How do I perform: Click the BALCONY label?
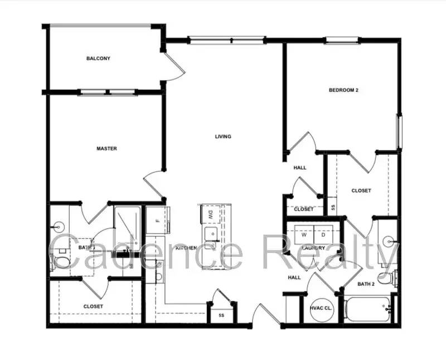point(98,59)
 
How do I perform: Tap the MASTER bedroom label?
point(106,148)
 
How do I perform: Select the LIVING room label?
point(223,137)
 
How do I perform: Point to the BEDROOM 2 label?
point(343,90)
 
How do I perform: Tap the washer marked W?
point(304,234)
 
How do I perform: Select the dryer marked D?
point(323,234)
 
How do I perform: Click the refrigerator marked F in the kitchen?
point(158,220)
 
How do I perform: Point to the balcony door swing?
point(174,64)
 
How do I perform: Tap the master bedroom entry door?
point(153,184)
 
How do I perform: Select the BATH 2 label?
point(366,284)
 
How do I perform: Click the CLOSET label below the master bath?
point(93,306)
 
